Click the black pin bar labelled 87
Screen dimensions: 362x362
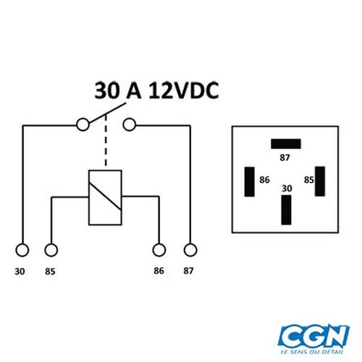click(286, 144)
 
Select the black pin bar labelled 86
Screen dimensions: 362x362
click(249, 182)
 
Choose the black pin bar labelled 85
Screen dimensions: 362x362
click(320, 181)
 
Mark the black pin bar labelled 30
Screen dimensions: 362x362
click(286, 210)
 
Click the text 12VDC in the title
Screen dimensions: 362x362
click(184, 90)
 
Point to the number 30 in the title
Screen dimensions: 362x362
click(107, 90)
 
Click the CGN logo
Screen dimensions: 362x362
click(313, 335)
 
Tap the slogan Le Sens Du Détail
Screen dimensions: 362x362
click(312, 352)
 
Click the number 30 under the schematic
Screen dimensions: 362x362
click(20, 271)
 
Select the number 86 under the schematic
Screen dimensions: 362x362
click(159, 271)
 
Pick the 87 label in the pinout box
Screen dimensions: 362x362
click(285, 158)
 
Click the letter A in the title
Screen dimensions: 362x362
click(134, 90)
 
